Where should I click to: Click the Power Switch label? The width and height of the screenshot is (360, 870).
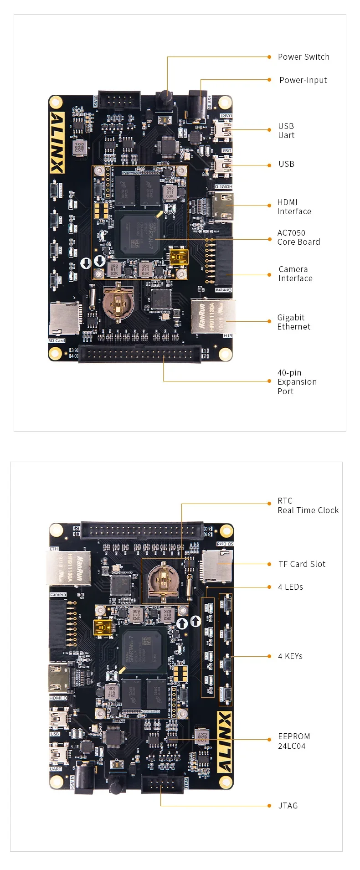pos(303,57)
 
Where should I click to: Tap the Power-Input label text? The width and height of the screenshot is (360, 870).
pos(303,80)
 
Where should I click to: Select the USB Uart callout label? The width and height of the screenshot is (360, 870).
pos(286,131)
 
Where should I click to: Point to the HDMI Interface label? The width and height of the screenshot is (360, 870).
pos(294,207)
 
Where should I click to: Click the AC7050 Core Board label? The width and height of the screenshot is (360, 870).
pos(298,237)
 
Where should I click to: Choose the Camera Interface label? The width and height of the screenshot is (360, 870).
pos(295,274)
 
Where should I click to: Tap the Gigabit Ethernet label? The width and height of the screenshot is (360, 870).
pos(293,322)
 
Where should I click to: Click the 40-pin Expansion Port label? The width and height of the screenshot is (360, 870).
pos(297,382)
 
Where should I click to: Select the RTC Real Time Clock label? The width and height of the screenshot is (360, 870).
pos(308,505)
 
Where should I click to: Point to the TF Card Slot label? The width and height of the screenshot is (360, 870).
pos(302,564)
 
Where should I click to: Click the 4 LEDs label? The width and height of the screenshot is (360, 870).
pos(290,587)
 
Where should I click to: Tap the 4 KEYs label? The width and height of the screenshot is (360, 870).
pos(290,656)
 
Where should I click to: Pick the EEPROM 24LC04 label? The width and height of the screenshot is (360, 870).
pos(294,741)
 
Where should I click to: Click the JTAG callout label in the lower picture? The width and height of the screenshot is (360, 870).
pos(288,806)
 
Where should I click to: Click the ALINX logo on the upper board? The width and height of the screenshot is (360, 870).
pos(57,143)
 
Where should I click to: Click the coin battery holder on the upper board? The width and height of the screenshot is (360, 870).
pos(118,301)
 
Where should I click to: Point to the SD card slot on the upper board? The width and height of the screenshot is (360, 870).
pos(64,319)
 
